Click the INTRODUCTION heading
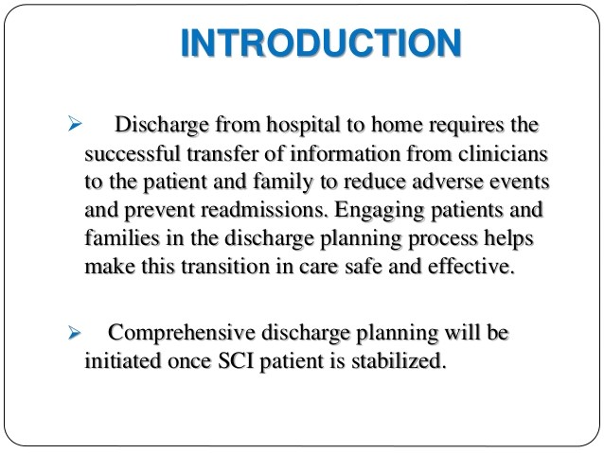321,44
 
